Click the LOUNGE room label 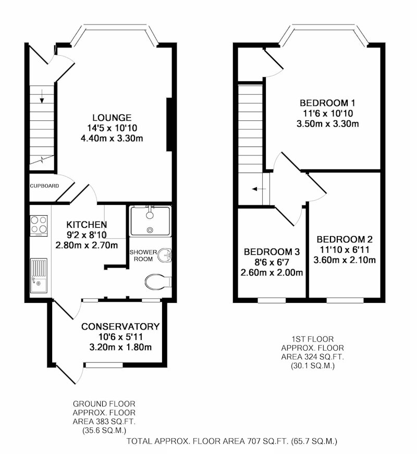pos(112,118)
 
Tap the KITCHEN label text pos(87,225)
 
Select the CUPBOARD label pos(44,186)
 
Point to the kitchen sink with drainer pos(39,275)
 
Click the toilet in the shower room pos(158,281)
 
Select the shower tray pos(150,221)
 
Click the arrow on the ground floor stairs pos(42,96)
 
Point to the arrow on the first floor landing pos(259,189)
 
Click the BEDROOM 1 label pos(327,103)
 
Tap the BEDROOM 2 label pos(345,239)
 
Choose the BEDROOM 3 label pos(272,252)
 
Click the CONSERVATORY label pos(120,327)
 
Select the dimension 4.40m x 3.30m pos(112,139)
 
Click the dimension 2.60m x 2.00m pos(272,273)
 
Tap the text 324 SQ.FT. pos(322,357)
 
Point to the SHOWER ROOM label pos(143,255)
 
